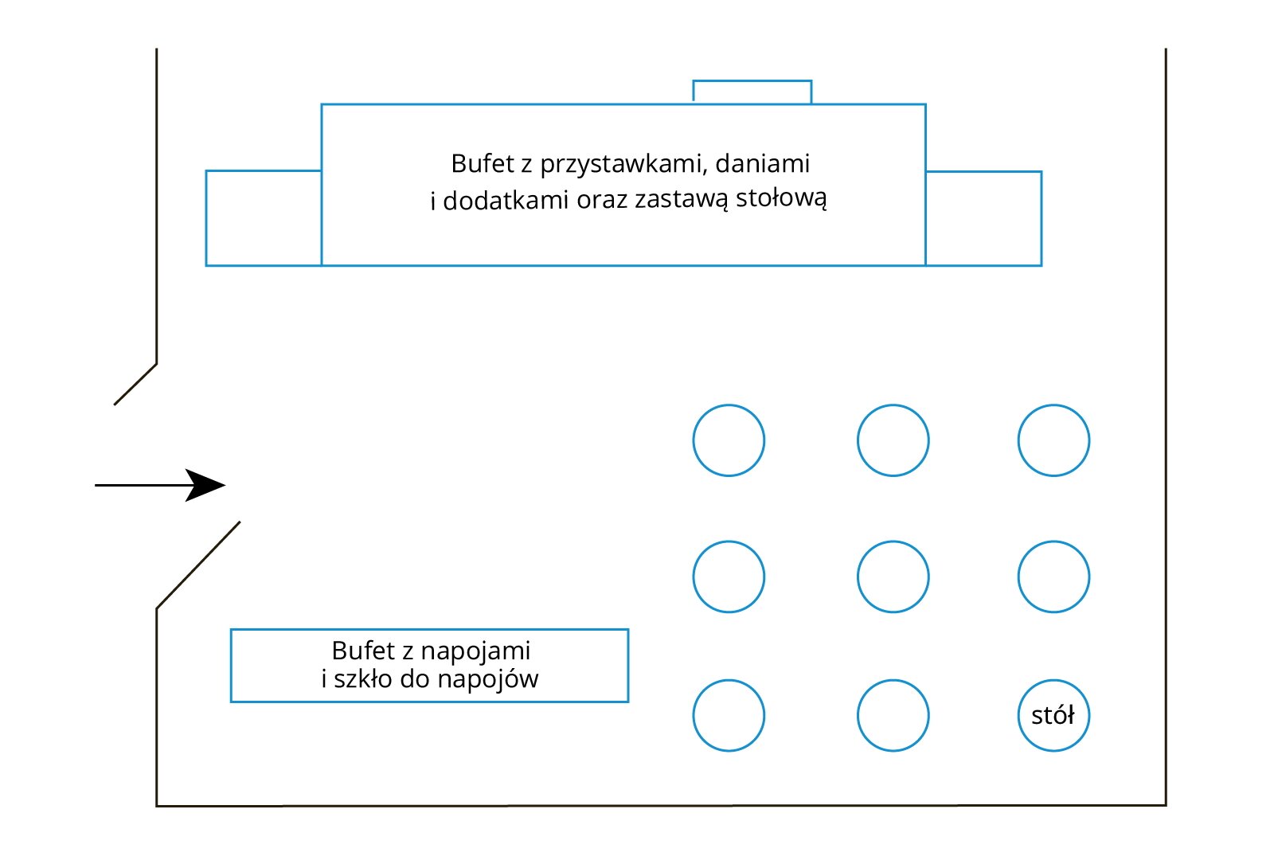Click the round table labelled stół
point(1053,715)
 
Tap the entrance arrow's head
point(209,485)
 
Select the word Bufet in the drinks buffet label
point(364,651)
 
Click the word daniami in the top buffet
point(762,163)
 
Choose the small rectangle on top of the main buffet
point(752,92)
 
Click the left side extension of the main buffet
point(264,217)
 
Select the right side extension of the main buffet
point(983,217)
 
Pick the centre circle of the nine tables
point(893,577)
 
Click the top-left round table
point(729,440)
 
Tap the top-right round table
point(1053,440)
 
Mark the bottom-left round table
point(729,715)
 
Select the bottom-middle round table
point(893,715)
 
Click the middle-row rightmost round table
point(1053,577)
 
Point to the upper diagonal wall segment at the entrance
point(135,384)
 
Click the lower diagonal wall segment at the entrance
point(198,565)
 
